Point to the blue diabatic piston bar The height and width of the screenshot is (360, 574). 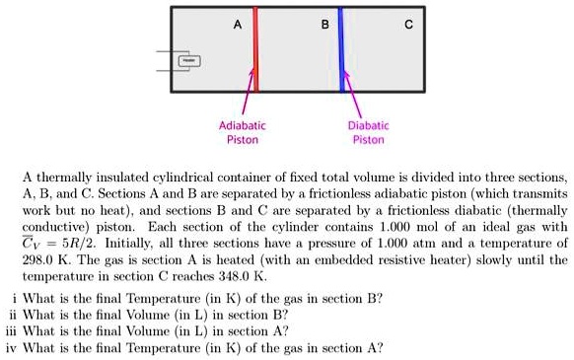pyautogui.click(x=341, y=49)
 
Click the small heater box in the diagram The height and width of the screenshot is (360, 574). pyautogui.click(x=184, y=59)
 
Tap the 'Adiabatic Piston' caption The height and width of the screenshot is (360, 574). pyautogui.click(x=242, y=133)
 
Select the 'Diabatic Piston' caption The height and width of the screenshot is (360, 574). pyautogui.click(x=368, y=133)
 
